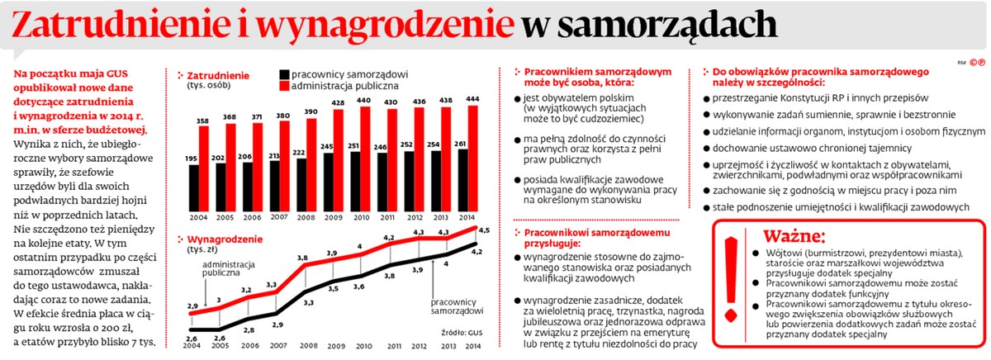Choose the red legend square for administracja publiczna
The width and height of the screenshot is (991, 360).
pyautogui.click(x=284, y=85)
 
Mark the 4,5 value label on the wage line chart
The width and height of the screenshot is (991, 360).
pyautogui.click(x=483, y=230)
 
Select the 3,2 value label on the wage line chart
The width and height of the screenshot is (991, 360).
pyautogui.click(x=246, y=290)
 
